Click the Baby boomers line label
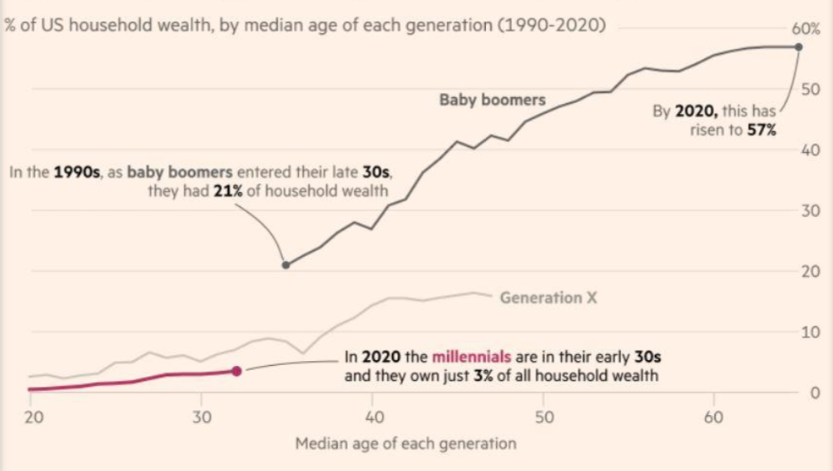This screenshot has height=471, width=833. point(493,100)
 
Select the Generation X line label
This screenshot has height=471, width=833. point(548,297)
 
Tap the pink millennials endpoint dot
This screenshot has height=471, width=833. point(236,371)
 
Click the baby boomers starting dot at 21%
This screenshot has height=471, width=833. point(285,265)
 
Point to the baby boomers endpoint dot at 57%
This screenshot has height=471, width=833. point(799,46)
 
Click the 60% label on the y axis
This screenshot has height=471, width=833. point(806,28)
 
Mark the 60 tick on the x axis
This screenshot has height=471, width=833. point(713,417)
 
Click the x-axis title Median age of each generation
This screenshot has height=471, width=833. point(405,443)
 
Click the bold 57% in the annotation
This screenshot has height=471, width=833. point(762,130)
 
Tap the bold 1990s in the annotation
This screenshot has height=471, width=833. point(77,172)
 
